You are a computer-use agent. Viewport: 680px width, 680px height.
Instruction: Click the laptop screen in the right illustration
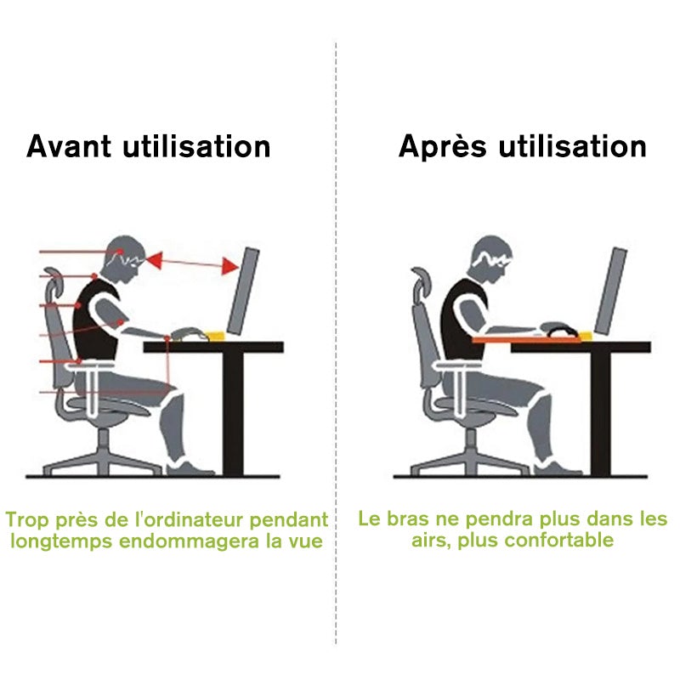click(x=611, y=289)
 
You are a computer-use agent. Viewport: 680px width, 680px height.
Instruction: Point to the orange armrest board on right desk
click(x=527, y=338)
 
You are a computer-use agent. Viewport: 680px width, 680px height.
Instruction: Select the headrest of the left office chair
click(x=50, y=285)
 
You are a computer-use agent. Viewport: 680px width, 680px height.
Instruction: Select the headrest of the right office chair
click(x=420, y=285)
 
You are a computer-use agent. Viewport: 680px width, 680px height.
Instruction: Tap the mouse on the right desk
click(x=558, y=328)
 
